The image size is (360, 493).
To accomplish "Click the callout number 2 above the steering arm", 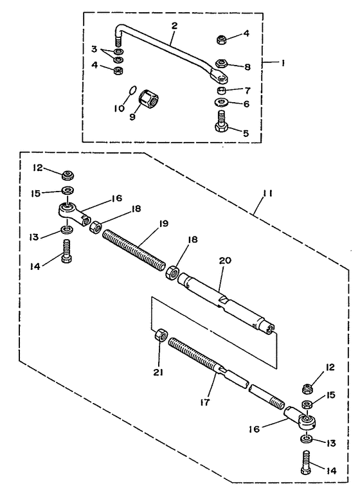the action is (174, 26).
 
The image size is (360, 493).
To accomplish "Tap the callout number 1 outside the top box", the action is (283, 63).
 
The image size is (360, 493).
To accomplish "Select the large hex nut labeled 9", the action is (149, 98).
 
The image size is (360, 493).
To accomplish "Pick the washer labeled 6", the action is (222, 102).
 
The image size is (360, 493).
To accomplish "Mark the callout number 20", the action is (226, 260).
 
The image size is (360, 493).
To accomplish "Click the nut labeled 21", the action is (161, 336).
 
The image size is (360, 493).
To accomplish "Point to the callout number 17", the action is (204, 402).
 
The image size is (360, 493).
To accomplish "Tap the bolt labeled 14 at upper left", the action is (66, 251).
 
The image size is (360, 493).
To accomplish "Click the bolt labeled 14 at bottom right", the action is (306, 463).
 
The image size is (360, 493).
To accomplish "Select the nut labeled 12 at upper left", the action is (67, 175).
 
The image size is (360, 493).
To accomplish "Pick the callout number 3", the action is (94, 49).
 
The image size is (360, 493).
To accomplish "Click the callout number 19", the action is (163, 224).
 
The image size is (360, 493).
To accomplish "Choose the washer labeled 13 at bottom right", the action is (307, 438).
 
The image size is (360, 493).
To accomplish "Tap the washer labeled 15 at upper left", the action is (67, 190).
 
